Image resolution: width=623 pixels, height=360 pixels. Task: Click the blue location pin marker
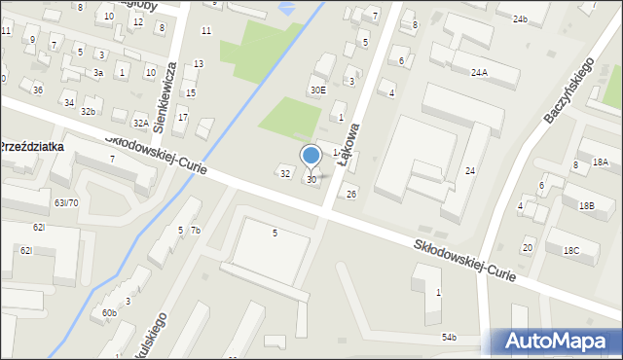pos(311,157)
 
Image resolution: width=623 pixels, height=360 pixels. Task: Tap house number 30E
pos(317,90)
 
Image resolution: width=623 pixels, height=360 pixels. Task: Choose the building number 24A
pos(479,72)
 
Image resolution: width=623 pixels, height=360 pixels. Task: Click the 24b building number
pos(520,19)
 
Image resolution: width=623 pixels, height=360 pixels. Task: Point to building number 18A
pos(600,162)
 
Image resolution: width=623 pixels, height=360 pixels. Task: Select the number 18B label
pos(586,205)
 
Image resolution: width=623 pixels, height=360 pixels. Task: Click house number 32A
pos(141,124)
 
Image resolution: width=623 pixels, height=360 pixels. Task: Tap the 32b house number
pos(88,112)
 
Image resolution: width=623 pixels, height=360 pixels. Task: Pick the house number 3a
pos(98,73)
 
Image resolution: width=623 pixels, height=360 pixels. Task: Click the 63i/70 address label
pos(66,202)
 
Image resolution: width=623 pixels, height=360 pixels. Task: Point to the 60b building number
pos(109,312)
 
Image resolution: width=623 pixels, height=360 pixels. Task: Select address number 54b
pos(449,337)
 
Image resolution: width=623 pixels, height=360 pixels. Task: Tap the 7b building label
pos(195,231)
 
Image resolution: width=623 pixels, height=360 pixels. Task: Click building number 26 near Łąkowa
pos(351,195)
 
